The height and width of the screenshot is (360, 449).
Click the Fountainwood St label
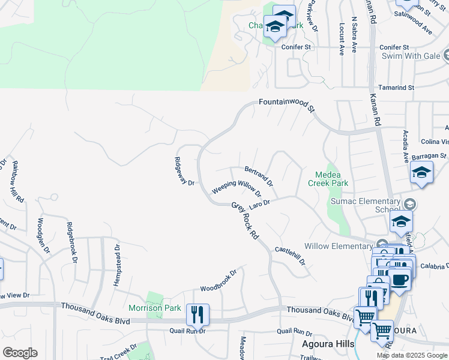(x=287, y=104)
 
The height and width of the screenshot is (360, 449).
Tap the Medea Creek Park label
(x=328, y=178)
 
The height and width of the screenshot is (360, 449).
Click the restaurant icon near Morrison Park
(x=197, y=314)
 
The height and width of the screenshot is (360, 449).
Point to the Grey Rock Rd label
(x=245, y=221)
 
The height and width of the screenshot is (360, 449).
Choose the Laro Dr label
(x=260, y=205)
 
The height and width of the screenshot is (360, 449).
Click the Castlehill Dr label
(x=291, y=256)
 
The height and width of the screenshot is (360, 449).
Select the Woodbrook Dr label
(x=218, y=280)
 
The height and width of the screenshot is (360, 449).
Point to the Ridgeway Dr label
(x=184, y=171)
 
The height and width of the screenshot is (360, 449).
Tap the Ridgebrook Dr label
(x=71, y=242)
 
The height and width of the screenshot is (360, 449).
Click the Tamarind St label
(x=398, y=88)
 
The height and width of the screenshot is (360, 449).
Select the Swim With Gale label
(x=411, y=56)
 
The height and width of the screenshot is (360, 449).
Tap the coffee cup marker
(x=399, y=278)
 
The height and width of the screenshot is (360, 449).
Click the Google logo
(x=20, y=353)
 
